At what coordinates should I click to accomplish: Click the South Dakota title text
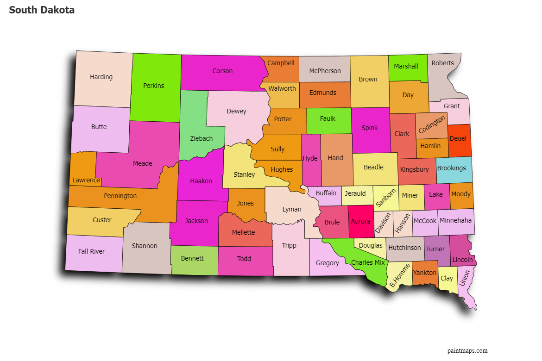42,10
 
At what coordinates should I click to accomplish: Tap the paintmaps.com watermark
467,350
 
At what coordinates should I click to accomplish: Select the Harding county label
101,77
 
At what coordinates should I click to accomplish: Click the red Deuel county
458,139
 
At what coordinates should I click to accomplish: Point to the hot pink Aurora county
360,222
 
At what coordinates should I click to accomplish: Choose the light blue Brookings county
452,168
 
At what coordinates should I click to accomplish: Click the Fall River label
91,251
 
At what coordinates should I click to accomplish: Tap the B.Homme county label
399,275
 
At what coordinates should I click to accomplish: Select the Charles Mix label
368,262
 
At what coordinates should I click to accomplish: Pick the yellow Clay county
447,278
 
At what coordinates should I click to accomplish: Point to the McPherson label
325,71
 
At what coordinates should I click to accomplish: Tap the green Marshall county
406,66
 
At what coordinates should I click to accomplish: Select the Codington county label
431,125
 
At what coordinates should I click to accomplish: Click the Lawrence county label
86,180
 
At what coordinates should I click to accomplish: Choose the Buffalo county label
326,193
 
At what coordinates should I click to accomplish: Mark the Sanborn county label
385,198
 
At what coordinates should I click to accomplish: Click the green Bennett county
192,258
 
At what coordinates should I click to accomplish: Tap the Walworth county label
282,88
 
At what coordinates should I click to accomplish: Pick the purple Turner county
435,249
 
